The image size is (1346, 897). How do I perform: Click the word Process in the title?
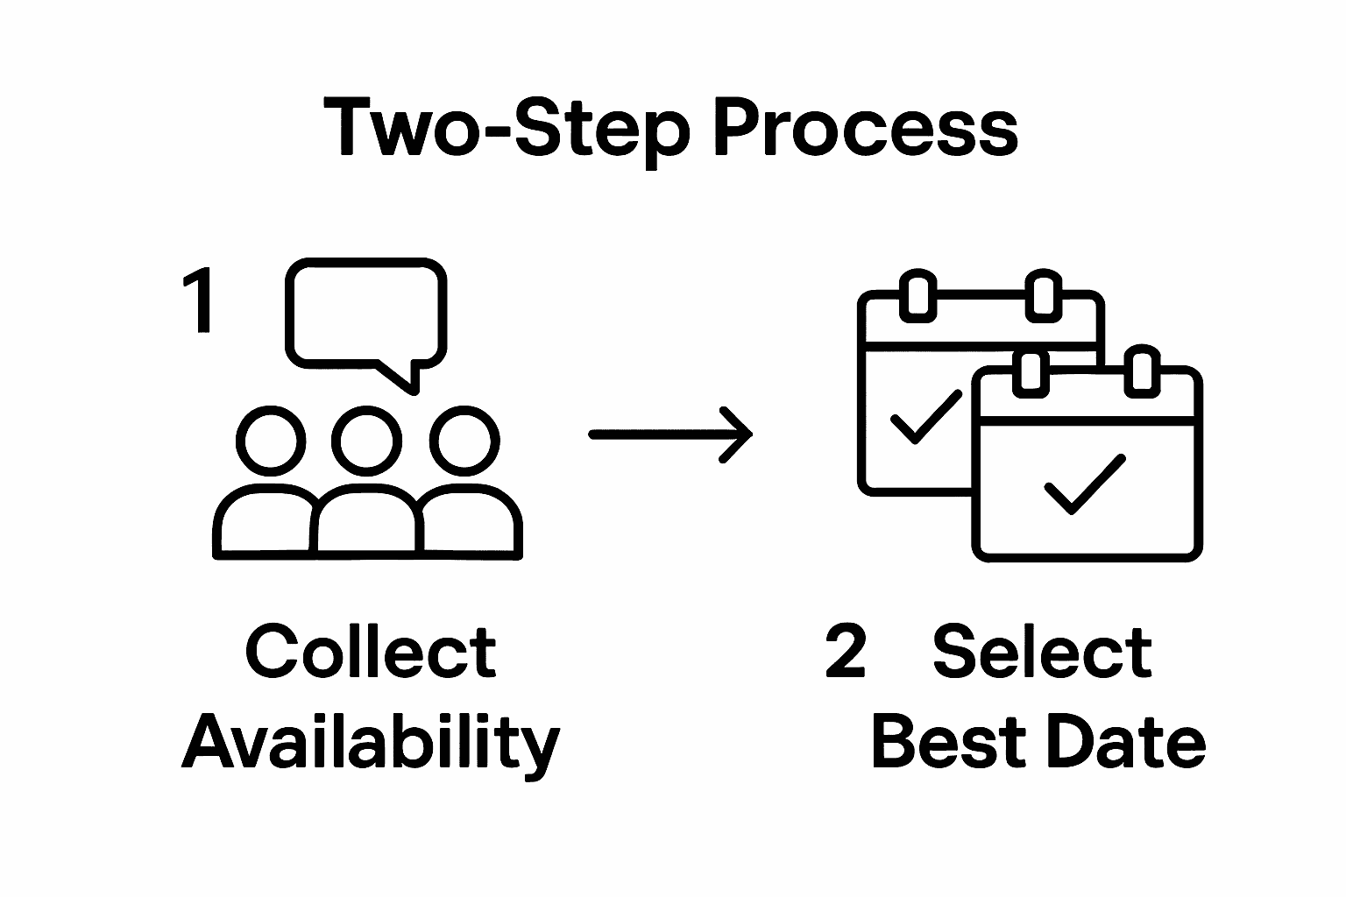(x=863, y=129)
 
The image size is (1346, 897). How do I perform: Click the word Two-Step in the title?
(x=507, y=129)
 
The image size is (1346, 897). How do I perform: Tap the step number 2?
(x=846, y=653)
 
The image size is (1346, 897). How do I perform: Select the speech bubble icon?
(x=367, y=312)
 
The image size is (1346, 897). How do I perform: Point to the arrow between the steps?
(x=670, y=434)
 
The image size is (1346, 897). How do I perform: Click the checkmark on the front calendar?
(x=1084, y=484)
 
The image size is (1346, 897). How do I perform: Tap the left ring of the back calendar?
(x=917, y=295)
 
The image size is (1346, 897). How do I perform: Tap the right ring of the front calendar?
(x=1141, y=371)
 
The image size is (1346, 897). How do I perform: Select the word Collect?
(x=371, y=653)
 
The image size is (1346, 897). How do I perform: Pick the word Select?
(x=1042, y=653)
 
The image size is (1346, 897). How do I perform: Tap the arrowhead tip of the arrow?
(x=750, y=434)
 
